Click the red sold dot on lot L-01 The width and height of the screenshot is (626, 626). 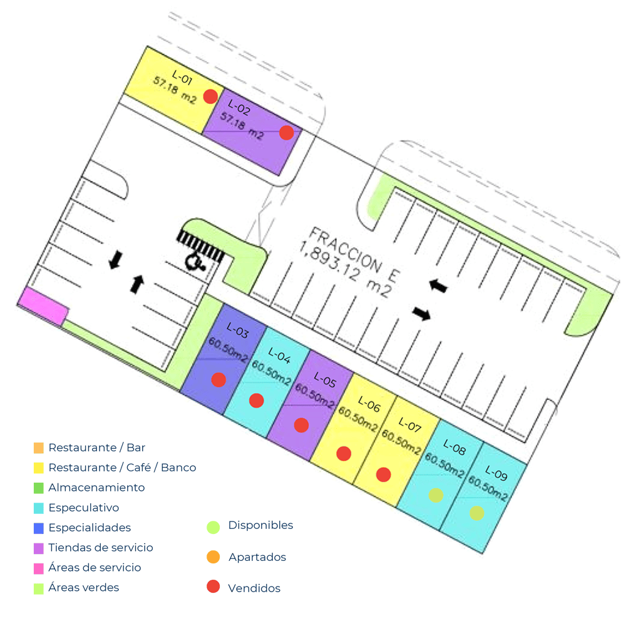pyautogui.click(x=210, y=96)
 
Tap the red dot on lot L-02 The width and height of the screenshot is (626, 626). pyautogui.click(x=286, y=133)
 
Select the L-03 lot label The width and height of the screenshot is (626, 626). pyautogui.click(x=237, y=330)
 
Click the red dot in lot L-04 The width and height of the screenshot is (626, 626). pyautogui.click(x=256, y=400)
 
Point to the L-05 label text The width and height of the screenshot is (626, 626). pyautogui.click(x=325, y=379)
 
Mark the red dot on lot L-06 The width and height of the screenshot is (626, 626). pyautogui.click(x=343, y=453)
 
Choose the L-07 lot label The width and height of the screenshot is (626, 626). pyautogui.click(x=410, y=425)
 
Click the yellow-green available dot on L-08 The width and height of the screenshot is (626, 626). pyautogui.click(x=436, y=495)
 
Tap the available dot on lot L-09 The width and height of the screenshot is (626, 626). pyautogui.click(x=476, y=513)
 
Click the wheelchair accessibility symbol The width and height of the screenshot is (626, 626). pyautogui.click(x=195, y=262)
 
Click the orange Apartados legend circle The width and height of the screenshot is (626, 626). pyautogui.click(x=213, y=557)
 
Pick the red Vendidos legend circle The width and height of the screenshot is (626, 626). pyautogui.click(x=213, y=586)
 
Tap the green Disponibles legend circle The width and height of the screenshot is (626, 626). pyautogui.click(x=213, y=527)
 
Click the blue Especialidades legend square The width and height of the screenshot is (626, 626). pyautogui.click(x=39, y=528)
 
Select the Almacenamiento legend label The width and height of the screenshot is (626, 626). pyautogui.click(x=96, y=488)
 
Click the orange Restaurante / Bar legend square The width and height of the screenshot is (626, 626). pyautogui.click(x=39, y=448)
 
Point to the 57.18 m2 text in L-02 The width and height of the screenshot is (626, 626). pyautogui.click(x=242, y=126)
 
